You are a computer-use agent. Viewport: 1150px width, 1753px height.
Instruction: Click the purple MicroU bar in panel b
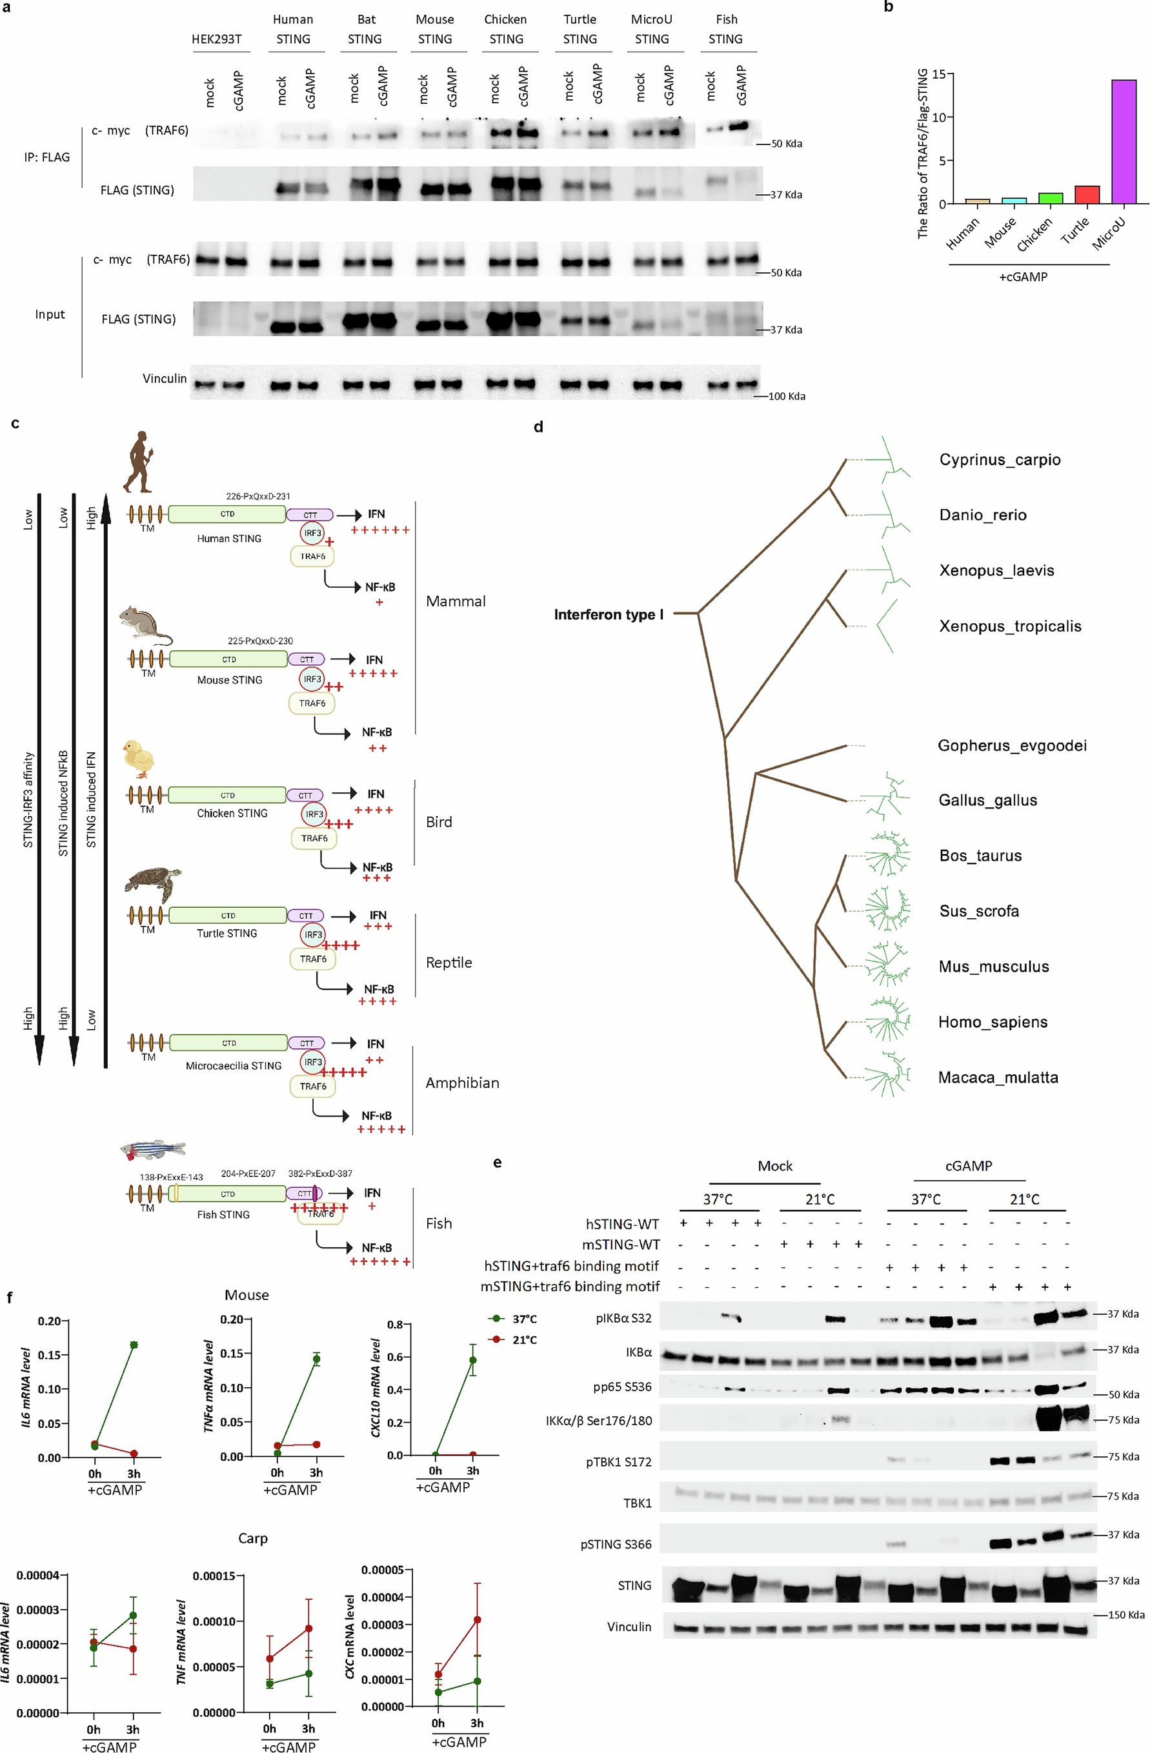[x=1124, y=141]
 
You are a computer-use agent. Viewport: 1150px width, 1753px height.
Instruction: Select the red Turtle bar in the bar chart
[x=1087, y=194]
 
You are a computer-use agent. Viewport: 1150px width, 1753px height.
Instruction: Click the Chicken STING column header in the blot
[x=505, y=30]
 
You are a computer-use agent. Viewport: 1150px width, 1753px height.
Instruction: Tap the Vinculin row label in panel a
[x=165, y=379]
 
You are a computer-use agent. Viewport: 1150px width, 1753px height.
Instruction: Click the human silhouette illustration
[x=137, y=462]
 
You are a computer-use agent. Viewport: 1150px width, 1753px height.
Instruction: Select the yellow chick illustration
[x=139, y=759]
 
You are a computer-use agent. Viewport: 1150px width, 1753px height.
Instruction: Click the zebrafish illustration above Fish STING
[x=152, y=1150]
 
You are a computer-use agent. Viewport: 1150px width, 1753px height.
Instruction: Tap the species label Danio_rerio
[x=982, y=515]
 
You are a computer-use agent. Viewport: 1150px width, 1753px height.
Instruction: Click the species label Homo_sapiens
[x=993, y=1021]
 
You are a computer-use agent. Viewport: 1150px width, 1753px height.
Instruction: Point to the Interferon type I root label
[x=609, y=614]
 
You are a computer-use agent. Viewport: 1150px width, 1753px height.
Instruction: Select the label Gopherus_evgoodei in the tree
[x=1011, y=745]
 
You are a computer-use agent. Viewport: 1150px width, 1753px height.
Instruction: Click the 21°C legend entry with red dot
[x=515, y=1340]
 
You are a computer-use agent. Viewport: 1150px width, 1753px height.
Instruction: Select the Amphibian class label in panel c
[x=462, y=1083]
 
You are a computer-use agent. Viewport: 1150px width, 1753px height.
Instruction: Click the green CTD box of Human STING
[x=227, y=514]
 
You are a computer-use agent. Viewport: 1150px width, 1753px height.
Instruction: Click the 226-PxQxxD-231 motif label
[x=258, y=496]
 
